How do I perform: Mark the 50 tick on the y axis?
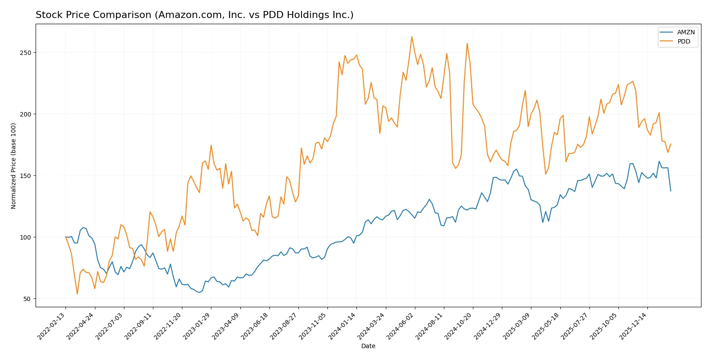click(x=28, y=299)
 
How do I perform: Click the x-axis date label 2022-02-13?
click(x=52, y=326)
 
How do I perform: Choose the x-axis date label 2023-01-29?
click(x=197, y=326)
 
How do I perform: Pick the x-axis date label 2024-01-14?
click(x=343, y=326)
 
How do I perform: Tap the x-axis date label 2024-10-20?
click(x=459, y=326)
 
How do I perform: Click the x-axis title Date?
click(x=368, y=346)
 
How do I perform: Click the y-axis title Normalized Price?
click(x=14, y=166)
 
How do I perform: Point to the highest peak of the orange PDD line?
click(x=412, y=36)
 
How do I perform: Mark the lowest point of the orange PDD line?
click(x=77, y=294)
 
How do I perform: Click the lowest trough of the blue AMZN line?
click(x=199, y=292)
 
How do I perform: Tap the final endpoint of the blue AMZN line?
click(x=671, y=191)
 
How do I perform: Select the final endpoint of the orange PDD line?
click(x=671, y=144)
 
